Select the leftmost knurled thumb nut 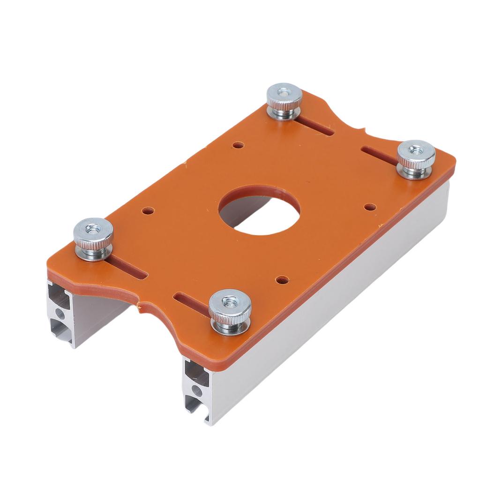[x=93, y=238]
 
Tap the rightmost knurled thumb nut [x=416, y=159]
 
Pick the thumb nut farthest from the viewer [x=284, y=100]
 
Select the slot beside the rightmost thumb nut [x=379, y=155]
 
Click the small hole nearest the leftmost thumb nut [x=148, y=211]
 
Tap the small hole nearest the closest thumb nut [x=282, y=280]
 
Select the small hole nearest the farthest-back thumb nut [x=238, y=145]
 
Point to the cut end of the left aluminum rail [x=60, y=312]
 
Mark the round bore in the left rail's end [x=60, y=313]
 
